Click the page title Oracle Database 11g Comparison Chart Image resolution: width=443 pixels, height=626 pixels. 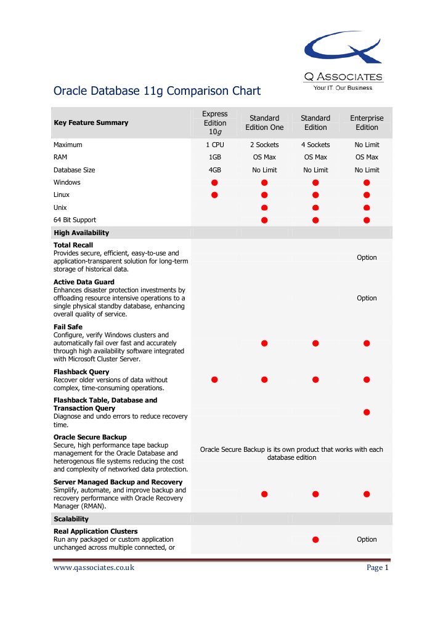tap(157, 91)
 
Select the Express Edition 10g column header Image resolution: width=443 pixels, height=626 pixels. tap(215, 122)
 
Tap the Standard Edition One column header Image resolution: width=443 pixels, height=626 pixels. tap(264, 122)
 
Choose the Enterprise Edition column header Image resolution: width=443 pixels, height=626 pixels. tap(367, 122)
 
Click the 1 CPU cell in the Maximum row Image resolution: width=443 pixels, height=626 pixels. tap(215, 145)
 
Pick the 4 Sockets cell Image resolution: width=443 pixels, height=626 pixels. tap(315, 145)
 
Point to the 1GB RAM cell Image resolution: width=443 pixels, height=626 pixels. tap(215, 158)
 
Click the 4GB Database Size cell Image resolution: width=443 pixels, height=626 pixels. tap(215, 170)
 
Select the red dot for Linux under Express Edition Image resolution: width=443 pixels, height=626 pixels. tap(215, 195)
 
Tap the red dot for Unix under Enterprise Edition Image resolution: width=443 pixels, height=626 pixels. tap(367, 207)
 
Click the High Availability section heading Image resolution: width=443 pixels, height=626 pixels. tap(81, 233)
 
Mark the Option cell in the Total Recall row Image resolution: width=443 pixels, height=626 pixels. tap(367, 258)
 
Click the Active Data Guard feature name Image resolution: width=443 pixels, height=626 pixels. tap(84, 282)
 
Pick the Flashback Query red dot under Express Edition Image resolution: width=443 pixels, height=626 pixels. tap(215, 380)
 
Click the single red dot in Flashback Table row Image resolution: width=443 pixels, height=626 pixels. tap(367, 412)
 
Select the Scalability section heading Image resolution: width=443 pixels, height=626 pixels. tap(71, 519)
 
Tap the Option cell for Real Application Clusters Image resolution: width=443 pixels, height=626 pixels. tap(367, 539)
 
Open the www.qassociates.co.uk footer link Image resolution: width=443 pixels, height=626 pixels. tap(94, 568)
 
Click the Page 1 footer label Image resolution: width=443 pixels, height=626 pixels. tap(377, 568)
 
